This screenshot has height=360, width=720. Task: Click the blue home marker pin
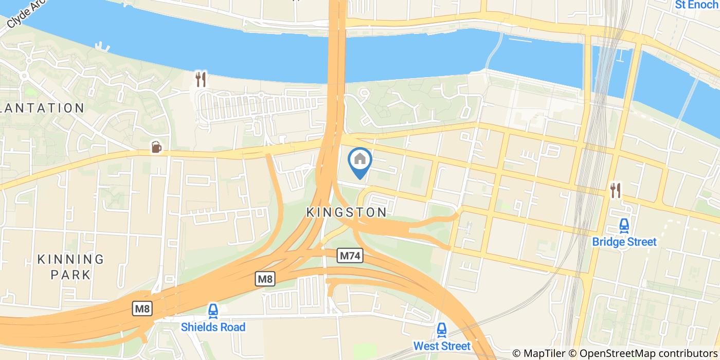tap(360, 161)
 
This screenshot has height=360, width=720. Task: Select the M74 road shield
tap(351, 256)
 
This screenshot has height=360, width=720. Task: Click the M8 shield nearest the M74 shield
tap(265, 279)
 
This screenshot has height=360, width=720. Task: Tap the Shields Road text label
tap(213, 327)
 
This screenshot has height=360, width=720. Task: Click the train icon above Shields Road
tap(213, 311)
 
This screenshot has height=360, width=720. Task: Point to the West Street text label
tap(442, 346)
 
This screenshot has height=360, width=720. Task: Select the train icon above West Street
tap(441, 329)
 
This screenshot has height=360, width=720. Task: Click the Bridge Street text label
tap(624, 242)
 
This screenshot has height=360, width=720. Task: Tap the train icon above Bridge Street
tap(624, 225)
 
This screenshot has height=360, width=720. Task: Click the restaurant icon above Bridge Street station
tap(616, 190)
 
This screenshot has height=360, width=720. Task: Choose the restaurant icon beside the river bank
tap(201, 79)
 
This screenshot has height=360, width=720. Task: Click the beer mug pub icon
tap(156, 147)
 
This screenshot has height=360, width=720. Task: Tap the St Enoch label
tap(696, 5)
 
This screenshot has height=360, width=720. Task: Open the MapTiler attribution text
tap(551, 353)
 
